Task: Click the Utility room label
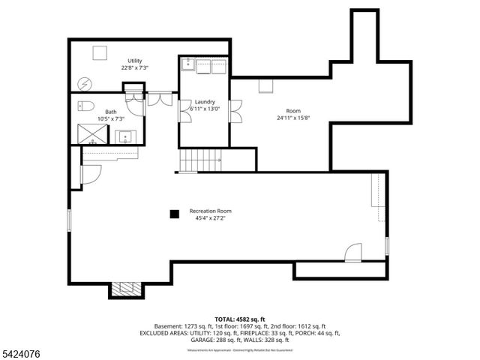[x=135, y=61]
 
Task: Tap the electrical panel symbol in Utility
[x=85, y=82]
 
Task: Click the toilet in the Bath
[x=85, y=106]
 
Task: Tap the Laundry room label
[x=205, y=102]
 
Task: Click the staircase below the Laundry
[x=200, y=160]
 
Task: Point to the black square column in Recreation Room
[x=174, y=214]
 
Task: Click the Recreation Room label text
[x=211, y=211]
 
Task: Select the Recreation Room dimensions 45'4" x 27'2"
[x=211, y=219]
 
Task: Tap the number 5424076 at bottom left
[x=21, y=350]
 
